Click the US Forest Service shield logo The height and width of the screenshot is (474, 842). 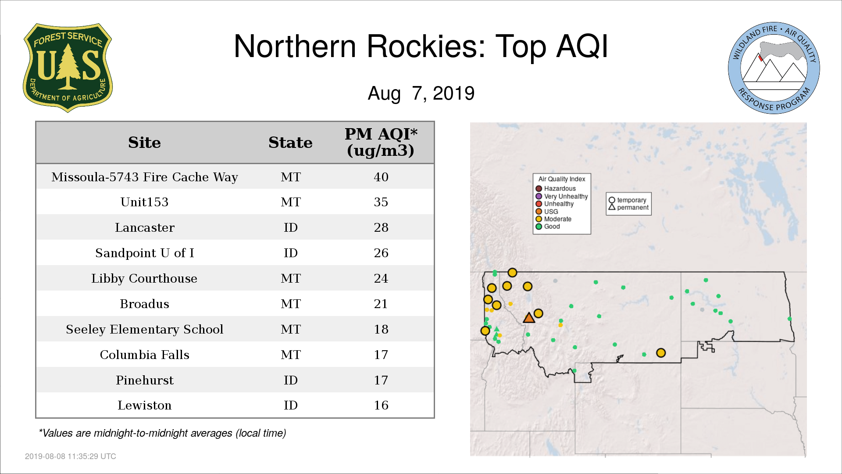click(x=68, y=68)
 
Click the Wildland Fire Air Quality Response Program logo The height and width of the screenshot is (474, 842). click(x=774, y=68)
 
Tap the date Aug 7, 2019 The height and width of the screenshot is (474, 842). click(x=421, y=93)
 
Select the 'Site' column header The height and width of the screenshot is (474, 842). click(x=144, y=143)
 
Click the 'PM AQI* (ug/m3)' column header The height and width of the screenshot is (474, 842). click(x=381, y=142)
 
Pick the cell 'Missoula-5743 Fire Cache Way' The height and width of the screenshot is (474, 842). click(x=145, y=177)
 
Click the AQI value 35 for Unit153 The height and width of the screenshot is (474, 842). click(x=381, y=202)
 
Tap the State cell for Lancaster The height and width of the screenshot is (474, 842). click(x=291, y=227)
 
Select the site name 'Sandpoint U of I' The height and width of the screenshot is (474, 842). click(x=145, y=253)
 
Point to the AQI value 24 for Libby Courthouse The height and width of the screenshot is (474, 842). click(x=381, y=278)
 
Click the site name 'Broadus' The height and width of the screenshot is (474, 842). click(x=145, y=304)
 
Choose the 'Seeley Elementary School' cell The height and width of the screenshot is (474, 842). click(x=145, y=329)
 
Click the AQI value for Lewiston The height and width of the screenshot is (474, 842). click(x=381, y=405)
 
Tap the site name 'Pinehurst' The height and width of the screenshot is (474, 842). click(x=145, y=380)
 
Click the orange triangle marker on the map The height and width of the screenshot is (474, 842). click(x=529, y=318)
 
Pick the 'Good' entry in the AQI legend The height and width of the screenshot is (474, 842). click(x=548, y=226)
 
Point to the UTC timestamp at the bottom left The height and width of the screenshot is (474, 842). click(x=71, y=456)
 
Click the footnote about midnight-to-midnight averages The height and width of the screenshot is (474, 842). click(x=162, y=433)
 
